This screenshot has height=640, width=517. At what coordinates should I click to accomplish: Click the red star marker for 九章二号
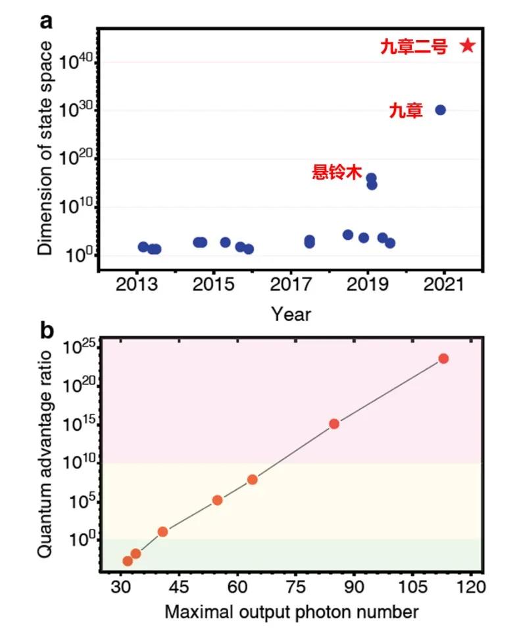coord(467,45)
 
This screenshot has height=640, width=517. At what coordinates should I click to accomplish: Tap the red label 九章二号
coord(414,46)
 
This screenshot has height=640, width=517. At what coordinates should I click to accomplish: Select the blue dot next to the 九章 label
coord(441,110)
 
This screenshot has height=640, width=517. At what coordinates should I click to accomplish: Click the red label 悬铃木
coord(337,173)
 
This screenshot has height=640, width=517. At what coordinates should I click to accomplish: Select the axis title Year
coord(291,314)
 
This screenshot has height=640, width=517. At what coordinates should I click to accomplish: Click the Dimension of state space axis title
coord(44,148)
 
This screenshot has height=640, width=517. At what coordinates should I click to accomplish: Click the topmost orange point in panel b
coord(443,358)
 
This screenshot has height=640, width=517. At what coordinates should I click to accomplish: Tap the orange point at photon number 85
coord(334,424)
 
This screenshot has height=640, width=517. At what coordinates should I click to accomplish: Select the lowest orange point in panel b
coord(128,561)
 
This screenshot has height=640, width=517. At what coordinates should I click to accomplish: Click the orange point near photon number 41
coord(162,531)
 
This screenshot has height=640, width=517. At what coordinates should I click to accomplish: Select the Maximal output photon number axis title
coord(291,612)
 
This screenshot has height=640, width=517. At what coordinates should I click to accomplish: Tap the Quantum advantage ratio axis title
coord(44,454)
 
